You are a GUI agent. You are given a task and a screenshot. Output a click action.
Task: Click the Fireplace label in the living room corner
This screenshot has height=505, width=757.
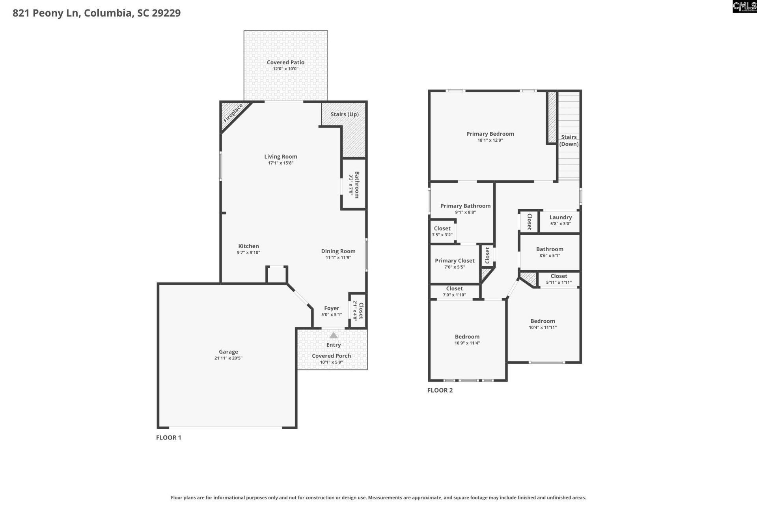click(x=233, y=113)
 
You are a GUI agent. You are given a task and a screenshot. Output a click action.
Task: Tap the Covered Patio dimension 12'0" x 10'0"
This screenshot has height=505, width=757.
click(x=285, y=69)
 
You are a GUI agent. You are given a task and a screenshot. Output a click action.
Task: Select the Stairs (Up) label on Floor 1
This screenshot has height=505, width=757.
click(x=344, y=114)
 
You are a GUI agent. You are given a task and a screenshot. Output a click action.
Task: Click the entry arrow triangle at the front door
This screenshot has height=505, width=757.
click(x=334, y=335)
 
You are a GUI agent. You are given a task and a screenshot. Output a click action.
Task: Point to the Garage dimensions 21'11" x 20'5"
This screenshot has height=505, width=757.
click(x=228, y=358)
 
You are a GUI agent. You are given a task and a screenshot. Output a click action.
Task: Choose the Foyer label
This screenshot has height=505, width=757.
click(x=332, y=308)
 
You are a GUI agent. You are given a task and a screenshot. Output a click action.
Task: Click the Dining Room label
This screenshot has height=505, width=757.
click(x=338, y=251)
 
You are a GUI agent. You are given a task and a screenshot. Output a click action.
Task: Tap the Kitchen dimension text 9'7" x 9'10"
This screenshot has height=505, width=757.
click(x=248, y=252)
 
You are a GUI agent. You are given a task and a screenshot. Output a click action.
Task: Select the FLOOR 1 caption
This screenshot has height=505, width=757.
click(x=168, y=437)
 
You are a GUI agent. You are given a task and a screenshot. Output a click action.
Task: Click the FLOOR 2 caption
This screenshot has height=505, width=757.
click(x=440, y=390)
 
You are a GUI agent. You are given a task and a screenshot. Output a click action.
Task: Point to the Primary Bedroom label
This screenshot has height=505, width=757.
click(x=490, y=134)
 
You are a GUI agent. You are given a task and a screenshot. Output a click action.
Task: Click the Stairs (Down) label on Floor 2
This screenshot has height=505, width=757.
click(x=569, y=140)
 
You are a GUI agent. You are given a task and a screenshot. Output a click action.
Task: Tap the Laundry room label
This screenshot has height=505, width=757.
click(x=560, y=217)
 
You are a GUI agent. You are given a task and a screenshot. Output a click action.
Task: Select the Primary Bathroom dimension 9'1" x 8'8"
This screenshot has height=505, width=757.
click(x=465, y=212)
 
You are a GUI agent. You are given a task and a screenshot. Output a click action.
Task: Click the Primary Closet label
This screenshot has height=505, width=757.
click(x=455, y=260)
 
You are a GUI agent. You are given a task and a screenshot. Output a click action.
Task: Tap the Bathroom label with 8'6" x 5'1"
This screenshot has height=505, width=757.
click(x=550, y=249)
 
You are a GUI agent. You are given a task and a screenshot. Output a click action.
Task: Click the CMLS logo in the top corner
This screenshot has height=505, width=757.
click(x=744, y=6)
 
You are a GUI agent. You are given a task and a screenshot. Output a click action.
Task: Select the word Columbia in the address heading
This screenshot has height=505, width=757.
click(x=108, y=13)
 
